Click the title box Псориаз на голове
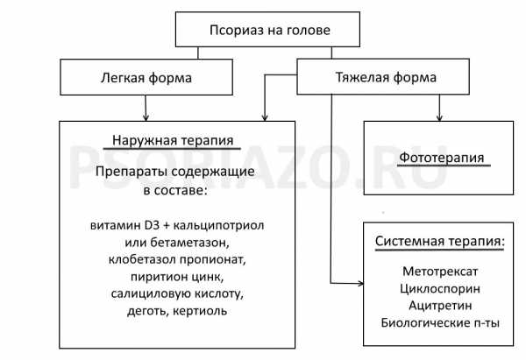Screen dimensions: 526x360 [x=267, y=30]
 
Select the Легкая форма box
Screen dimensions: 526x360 [x=146, y=77]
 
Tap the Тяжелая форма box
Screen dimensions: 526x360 [x=383, y=76]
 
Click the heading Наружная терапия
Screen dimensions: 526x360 [x=173, y=140]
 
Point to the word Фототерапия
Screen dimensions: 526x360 [x=442, y=158]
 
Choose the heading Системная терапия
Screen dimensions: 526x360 [x=440, y=241]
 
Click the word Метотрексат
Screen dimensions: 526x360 [x=440, y=272]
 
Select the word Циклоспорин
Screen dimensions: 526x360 [x=440, y=288]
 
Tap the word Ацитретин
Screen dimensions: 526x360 [x=440, y=306]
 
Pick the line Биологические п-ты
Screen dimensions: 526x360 [x=440, y=323]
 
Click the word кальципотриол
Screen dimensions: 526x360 [x=218, y=225]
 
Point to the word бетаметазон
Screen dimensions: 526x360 [x=189, y=242]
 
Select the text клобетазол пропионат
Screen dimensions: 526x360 [x=177, y=259]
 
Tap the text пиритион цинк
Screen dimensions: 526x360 [x=177, y=277]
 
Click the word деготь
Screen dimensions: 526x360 [x=148, y=311]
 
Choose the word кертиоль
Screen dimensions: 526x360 [x=200, y=311]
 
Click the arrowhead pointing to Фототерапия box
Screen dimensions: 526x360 [x=439, y=118]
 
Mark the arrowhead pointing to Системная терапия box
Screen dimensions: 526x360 [x=360, y=284]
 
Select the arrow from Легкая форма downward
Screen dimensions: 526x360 [x=146, y=108]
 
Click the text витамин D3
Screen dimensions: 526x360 [x=124, y=225]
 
